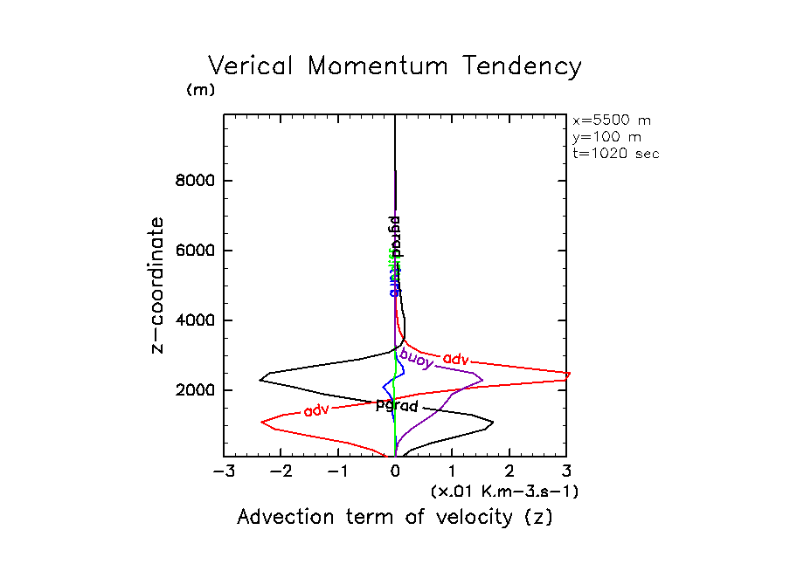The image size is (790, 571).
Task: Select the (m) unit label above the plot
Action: click(x=200, y=90)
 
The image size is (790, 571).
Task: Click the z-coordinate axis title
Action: click(x=158, y=285)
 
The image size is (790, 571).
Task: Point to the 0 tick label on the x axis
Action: click(x=395, y=472)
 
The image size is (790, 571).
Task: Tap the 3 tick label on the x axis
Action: click(x=567, y=472)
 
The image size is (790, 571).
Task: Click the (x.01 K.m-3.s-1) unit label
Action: click(x=504, y=492)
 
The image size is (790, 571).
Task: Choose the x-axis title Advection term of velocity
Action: click(x=395, y=517)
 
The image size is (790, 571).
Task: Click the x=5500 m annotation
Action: click(x=611, y=120)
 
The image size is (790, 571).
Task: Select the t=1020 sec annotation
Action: click(x=616, y=153)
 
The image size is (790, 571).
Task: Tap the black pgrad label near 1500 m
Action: click(x=398, y=406)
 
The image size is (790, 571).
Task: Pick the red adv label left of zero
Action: click(x=316, y=409)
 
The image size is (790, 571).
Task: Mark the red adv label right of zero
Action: click(x=456, y=359)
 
